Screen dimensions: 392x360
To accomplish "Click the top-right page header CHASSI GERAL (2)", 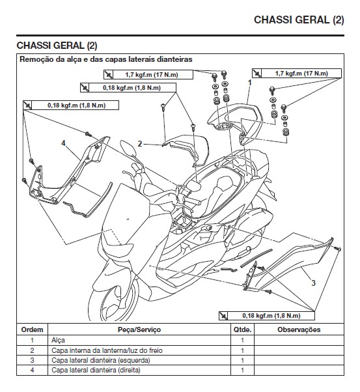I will [x=298, y=20].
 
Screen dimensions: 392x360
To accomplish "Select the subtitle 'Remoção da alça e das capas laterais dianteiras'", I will [x=109, y=60].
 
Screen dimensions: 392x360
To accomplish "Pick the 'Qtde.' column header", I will [x=242, y=330].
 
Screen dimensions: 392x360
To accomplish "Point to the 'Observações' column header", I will [x=299, y=330].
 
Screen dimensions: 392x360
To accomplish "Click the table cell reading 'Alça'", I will [x=58, y=341].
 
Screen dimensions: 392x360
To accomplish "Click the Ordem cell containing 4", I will [x=32, y=370].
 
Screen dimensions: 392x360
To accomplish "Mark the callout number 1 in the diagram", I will [x=249, y=83].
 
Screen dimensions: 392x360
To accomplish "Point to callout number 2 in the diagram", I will [x=139, y=143].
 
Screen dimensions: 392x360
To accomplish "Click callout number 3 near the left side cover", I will [x=313, y=283].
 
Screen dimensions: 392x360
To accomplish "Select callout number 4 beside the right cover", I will [x=63, y=142].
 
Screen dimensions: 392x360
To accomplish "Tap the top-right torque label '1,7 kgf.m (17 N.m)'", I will [x=301, y=73].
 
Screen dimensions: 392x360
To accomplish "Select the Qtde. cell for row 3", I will [x=242, y=360].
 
